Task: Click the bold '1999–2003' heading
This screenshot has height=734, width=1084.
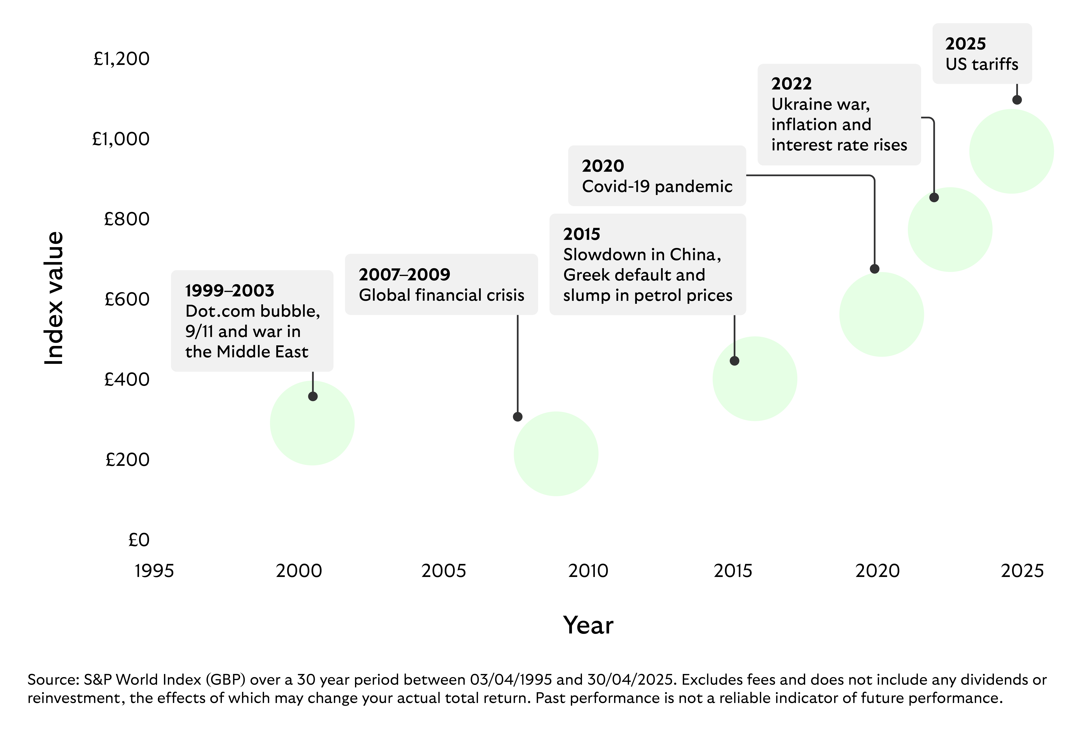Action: [230, 291]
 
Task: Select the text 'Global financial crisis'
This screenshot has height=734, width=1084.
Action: [441, 295]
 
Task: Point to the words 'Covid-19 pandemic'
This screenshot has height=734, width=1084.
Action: [657, 187]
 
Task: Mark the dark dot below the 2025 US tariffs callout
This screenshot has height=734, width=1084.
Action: [1017, 100]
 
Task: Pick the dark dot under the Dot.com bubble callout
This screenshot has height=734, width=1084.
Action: [312, 396]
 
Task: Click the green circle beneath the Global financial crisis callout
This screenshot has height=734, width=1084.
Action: [556, 454]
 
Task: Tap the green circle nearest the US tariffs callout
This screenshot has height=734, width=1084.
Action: [1011, 152]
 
